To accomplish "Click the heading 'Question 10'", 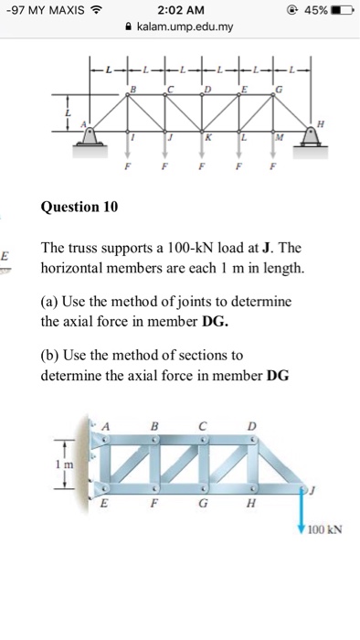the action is pos(79,208).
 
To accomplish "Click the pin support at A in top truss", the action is pos(92,134).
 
